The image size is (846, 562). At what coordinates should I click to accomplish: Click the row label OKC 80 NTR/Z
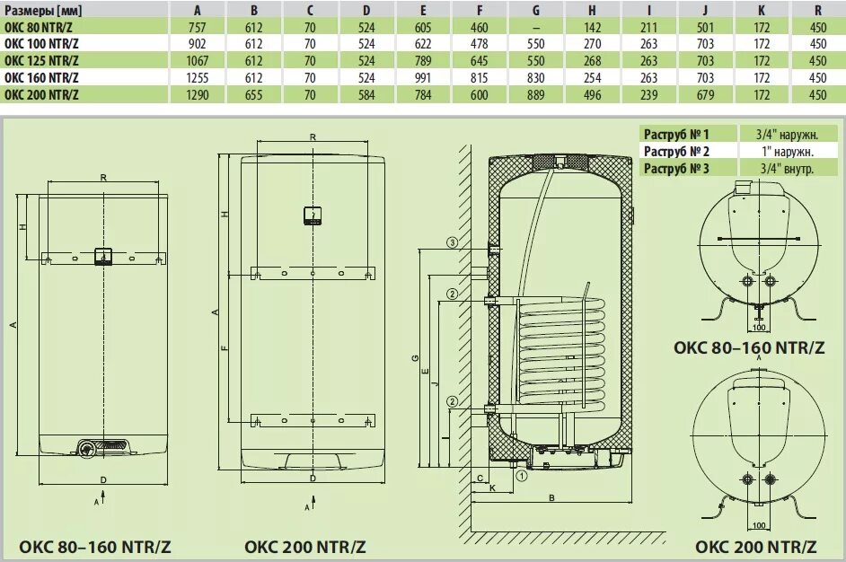[x=41, y=27]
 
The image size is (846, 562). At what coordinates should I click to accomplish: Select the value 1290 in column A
[x=197, y=95]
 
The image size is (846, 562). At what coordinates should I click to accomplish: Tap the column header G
[x=536, y=10]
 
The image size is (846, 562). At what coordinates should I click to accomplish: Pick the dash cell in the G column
[x=536, y=27]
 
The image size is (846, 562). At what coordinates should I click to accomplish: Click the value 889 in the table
[x=536, y=95]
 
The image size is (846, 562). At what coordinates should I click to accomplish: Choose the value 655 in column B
[x=253, y=95]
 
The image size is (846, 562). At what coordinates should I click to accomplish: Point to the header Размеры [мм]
[x=41, y=10]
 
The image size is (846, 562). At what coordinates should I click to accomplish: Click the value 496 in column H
[x=593, y=95]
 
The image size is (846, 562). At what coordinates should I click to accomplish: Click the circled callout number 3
[x=453, y=242]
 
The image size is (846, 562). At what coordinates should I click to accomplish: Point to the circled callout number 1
[x=522, y=477]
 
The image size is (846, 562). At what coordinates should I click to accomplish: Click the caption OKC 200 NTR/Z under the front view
[x=305, y=546]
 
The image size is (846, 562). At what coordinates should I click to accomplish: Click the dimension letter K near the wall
[x=492, y=487]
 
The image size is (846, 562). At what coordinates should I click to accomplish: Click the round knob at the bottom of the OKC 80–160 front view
[x=86, y=448]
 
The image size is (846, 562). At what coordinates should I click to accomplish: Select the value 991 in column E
[x=423, y=78]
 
